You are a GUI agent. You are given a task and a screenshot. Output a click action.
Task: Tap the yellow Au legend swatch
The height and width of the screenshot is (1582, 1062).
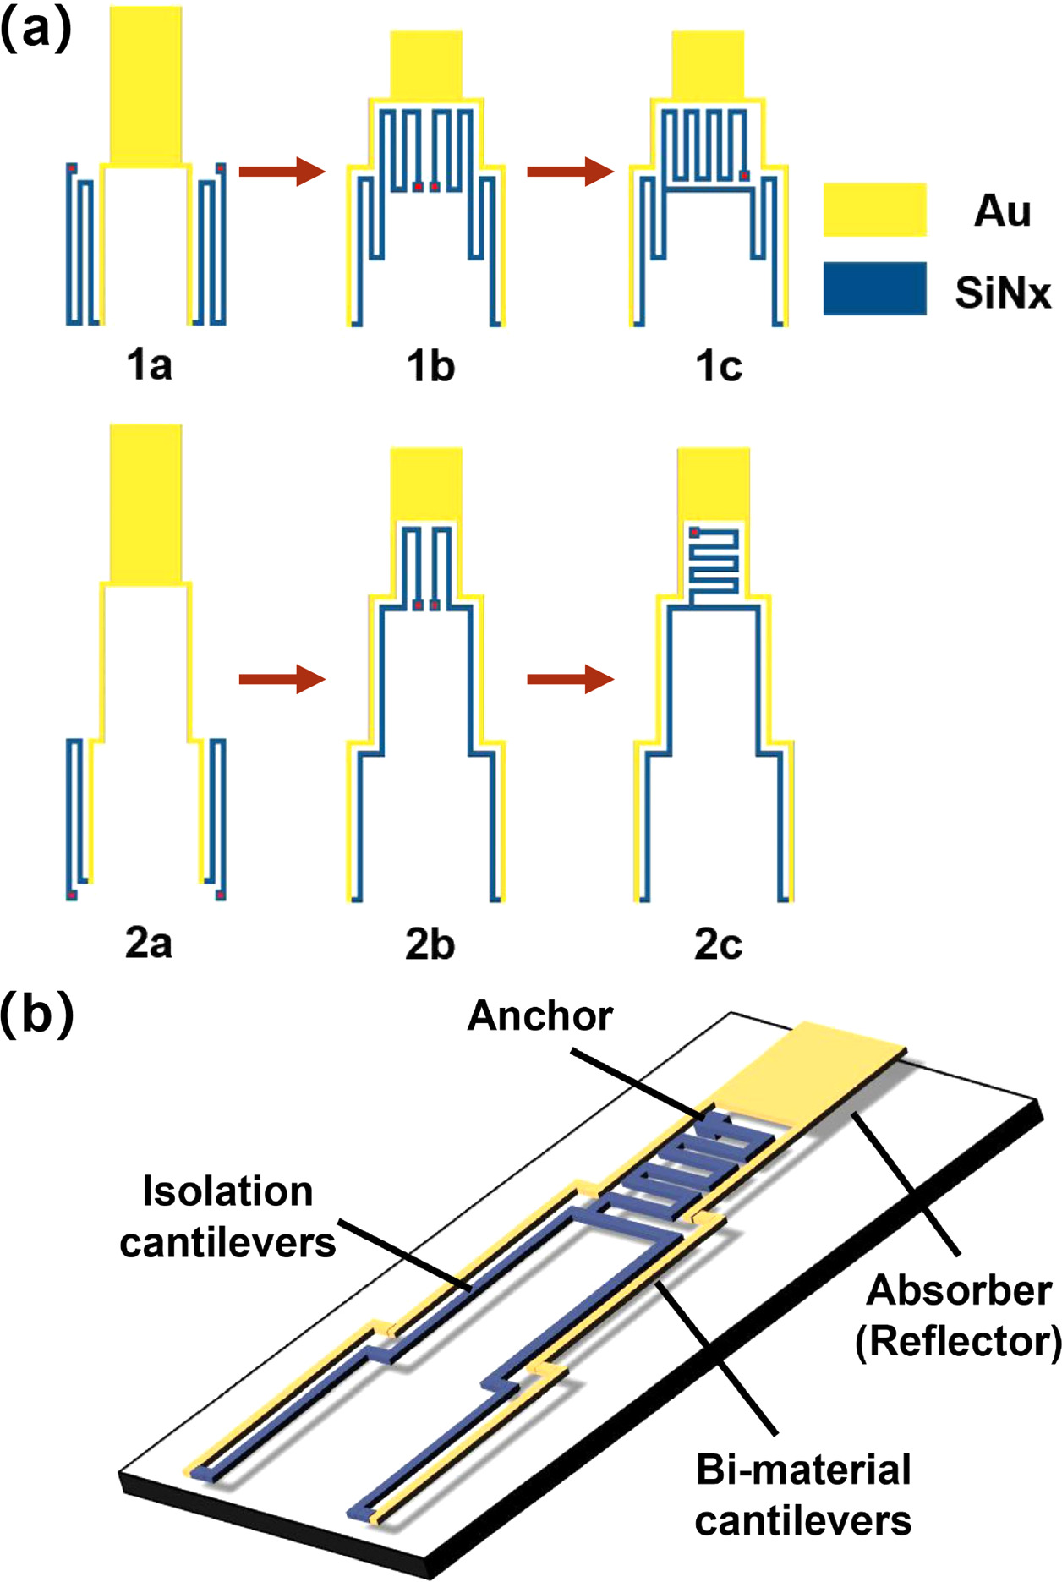tap(874, 209)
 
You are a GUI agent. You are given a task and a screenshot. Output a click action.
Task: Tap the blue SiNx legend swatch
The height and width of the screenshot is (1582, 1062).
tap(874, 288)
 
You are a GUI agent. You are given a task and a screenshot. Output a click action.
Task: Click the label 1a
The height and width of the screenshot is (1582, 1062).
tap(149, 365)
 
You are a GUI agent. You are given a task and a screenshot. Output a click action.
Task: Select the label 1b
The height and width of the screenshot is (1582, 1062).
tap(430, 365)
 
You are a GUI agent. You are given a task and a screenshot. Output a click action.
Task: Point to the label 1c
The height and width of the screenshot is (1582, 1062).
tap(718, 365)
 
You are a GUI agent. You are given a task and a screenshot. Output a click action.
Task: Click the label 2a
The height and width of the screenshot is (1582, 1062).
tap(149, 943)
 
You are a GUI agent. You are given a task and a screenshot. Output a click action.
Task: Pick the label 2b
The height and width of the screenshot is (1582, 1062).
tap(430, 943)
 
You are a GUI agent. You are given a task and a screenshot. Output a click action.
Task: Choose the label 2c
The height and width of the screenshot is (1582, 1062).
tap(718, 943)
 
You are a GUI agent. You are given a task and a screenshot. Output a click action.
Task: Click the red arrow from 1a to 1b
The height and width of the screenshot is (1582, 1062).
tap(282, 172)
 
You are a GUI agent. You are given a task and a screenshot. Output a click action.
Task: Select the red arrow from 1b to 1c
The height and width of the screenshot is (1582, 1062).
tap(570, 172)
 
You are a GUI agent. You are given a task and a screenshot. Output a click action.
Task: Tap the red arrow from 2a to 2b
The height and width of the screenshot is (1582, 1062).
tap(282, 679)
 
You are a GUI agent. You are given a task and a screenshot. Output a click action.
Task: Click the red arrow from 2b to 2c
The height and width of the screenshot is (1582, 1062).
tap(570, 679)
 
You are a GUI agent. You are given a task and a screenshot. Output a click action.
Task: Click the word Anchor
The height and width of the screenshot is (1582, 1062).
tap(539, 1015)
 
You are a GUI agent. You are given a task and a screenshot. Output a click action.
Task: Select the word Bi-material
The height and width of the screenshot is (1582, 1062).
tap(802, 1470)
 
